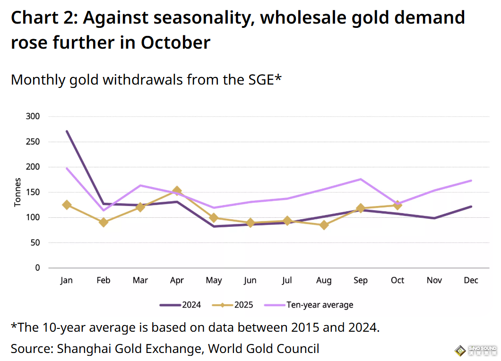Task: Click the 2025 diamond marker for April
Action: click(x=177, y=191)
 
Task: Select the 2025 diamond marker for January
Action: click(x=67, y=205)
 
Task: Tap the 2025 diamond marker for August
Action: click(x=324, y=225)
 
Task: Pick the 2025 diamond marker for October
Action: click(x=397, y=205)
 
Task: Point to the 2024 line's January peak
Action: click(x=67, y=131)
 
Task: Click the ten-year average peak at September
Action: click(x=361, y=179)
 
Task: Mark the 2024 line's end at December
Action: click(x=471, y=206)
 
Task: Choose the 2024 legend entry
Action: click(x=181, y=305)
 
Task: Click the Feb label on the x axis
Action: click(x=104, y=280)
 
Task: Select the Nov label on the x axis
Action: click(x=434, y=280)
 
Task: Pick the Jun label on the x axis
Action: click(x=250, y=280)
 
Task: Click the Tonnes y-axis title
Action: click(x=18, y=192)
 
